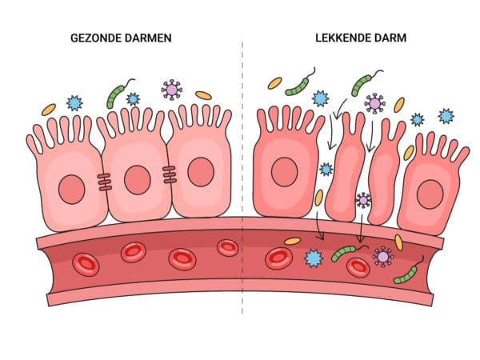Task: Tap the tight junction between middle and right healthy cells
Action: [x=169, y=172]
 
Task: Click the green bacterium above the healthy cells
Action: [x=118, y=94]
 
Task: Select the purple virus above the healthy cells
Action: [x=171, y=89]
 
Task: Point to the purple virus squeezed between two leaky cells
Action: [x=363, y=199]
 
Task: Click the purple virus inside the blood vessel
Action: [x=383, y=256]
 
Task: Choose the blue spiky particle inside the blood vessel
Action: [x=313, y=258]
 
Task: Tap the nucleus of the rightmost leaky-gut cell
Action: [x=430, y=194]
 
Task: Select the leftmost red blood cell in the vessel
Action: [x=84, y=262]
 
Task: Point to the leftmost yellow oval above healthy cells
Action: [x=49, y=108]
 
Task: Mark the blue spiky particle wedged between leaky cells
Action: [x=326, y=170]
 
